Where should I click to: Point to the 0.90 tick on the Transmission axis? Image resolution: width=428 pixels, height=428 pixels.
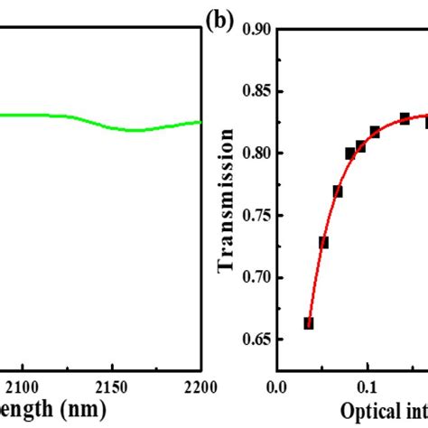point(256,30)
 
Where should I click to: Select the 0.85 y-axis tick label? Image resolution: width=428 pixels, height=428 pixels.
point(256,91)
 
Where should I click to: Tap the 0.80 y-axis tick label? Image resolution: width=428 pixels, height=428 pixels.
point(256,154)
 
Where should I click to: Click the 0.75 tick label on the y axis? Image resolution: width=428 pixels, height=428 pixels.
point(256,216)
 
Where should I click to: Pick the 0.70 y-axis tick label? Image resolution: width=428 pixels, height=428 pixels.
point(256,277)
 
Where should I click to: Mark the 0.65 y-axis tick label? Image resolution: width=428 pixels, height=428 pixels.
point(256,340)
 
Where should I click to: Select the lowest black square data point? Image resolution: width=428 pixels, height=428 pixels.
point(308,323)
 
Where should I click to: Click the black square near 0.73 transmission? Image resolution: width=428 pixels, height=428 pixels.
point(323,242)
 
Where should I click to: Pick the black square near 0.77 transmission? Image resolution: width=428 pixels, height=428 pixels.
point(337,191)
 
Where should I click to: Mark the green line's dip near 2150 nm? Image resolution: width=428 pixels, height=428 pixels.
point(134,130)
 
